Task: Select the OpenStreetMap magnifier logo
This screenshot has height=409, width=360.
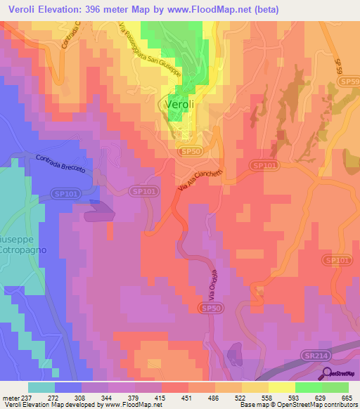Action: click(328, 374)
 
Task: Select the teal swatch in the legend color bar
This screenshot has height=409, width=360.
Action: click(41, 387)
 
